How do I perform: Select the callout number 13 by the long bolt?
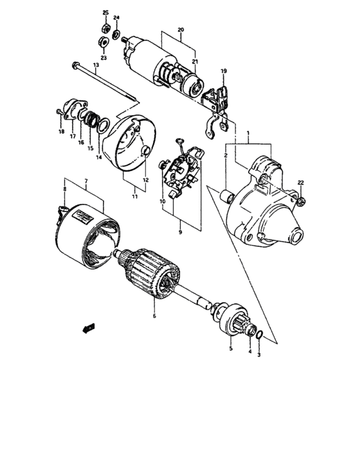tap(95, 66)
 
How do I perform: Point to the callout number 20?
tap(181, 30)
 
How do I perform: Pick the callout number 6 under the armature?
tap(154, 316)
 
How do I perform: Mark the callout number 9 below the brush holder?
tap(181, 231)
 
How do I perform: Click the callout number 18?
tap(62, 132)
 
